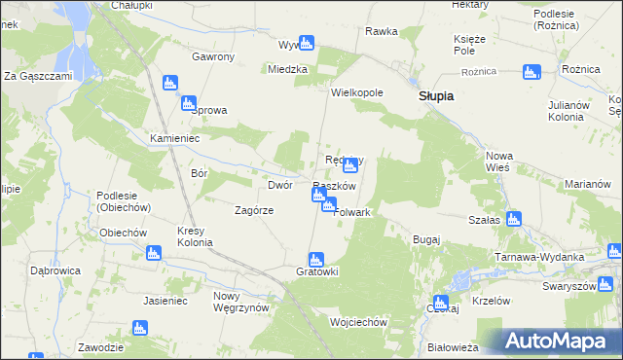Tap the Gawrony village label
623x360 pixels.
[213, 56]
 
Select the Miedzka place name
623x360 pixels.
[288, 69]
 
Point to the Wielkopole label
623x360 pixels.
[357, 92]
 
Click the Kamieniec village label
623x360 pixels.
[174, 138]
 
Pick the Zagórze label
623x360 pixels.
[254, 209]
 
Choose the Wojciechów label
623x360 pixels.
[359, 322]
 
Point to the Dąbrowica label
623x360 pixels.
[55, 270]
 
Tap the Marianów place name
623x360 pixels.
[587, 184]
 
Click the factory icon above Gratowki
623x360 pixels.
[315, 260]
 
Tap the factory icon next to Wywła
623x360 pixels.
[307, 43]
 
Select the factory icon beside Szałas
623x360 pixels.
[513, 219]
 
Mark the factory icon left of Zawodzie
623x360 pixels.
[139, 328]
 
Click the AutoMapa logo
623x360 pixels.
[558, 341]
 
